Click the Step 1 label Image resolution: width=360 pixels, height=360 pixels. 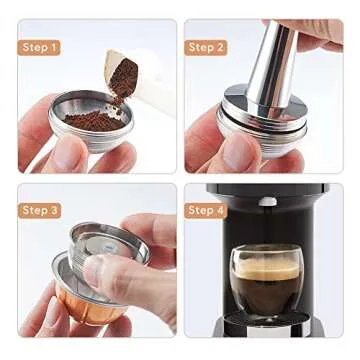pyautogui.click(x=40, y=47)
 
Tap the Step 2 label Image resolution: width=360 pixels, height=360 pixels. pyautogui.click(x=206, y=47)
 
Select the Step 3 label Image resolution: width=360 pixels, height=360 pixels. pyautogui.click(x=40, y=210)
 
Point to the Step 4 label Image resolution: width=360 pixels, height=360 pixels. pyautogui.click(x=206, y=210)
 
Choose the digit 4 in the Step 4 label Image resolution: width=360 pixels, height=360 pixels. pyautogui.click(x=220, y=210)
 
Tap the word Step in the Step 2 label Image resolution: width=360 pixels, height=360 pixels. pyautogui.click(x=200, y=47)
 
